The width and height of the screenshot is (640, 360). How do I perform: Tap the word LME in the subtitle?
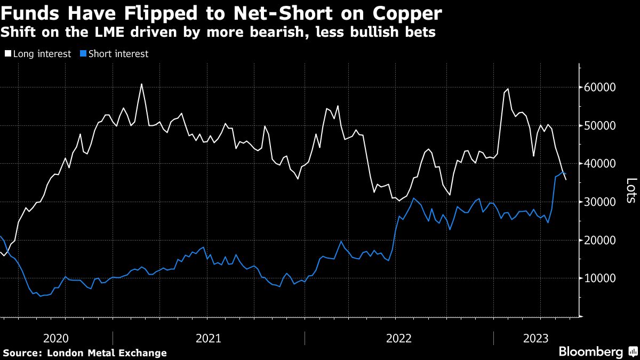(x=97, y=33)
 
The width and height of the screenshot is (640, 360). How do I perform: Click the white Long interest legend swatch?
(x=7, y=54)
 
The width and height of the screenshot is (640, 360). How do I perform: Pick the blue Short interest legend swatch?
(x=83, y=54)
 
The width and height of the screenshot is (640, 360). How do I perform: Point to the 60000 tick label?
(x=601, y=87)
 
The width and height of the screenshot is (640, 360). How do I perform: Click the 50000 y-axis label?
(x=601, y=126)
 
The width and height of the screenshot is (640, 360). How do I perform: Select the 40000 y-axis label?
(x=601, y=164)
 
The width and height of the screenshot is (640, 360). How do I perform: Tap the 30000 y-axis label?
(x=601, y=202)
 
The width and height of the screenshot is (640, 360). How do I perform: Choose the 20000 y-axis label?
(x=601, y=241)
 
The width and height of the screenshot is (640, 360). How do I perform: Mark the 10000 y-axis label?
(x=601, y=278)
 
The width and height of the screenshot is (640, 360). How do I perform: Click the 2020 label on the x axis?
(x=56, y=338)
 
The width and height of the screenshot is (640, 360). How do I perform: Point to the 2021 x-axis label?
(x=209, y=338)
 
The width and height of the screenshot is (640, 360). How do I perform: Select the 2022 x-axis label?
(x=399, y=338)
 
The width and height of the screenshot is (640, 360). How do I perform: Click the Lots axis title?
(x=630, y=190)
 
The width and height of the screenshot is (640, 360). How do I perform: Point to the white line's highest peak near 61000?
(x=141, y=84)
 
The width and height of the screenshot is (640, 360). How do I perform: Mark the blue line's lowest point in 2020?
(x=41, y=296)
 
